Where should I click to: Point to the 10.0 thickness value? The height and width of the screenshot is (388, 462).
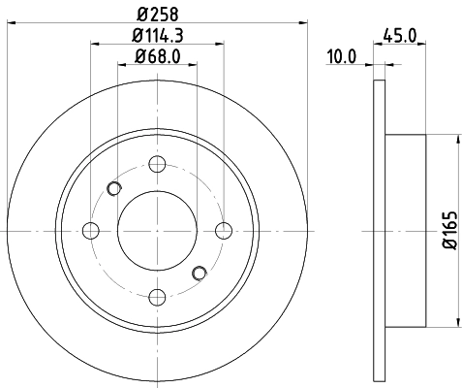point(341,57)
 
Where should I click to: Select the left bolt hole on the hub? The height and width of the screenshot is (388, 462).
point(91,230)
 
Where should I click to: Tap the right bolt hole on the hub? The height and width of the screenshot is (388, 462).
point(223,230)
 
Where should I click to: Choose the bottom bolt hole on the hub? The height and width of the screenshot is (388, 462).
point(157,296)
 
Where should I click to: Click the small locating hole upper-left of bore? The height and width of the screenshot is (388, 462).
point(114,188)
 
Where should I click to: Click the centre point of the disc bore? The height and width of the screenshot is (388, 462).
point(157,230)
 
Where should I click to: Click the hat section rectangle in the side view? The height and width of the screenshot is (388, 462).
point(406,230)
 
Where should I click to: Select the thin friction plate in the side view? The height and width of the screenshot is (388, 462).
point(379,230)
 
